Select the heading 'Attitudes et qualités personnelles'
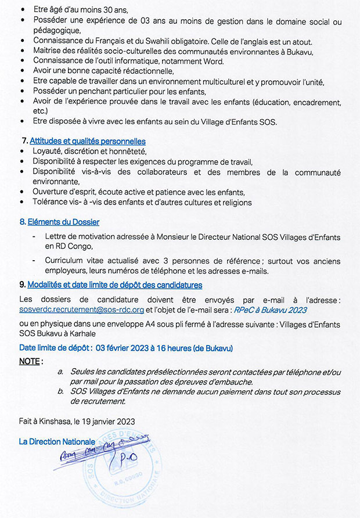click(87, 141)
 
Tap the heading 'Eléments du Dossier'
click(63, 222)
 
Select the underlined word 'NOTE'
click(30, 361)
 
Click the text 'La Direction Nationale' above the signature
click(55, 441)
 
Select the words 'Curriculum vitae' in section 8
click(74, 261)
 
